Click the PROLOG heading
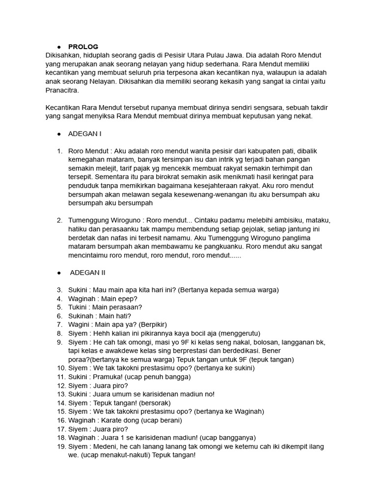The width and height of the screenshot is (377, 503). pos(83,47)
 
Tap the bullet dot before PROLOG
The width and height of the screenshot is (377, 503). pos(59,47)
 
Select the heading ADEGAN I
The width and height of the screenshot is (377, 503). pos(85,134)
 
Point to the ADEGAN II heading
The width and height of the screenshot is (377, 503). pos(87,273)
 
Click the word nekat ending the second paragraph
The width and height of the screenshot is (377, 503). pos(301,116)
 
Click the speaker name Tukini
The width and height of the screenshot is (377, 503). pos(79,307)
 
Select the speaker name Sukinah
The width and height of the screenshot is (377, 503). pos(81,316)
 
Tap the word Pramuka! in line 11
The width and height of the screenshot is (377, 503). pos(109,377)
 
